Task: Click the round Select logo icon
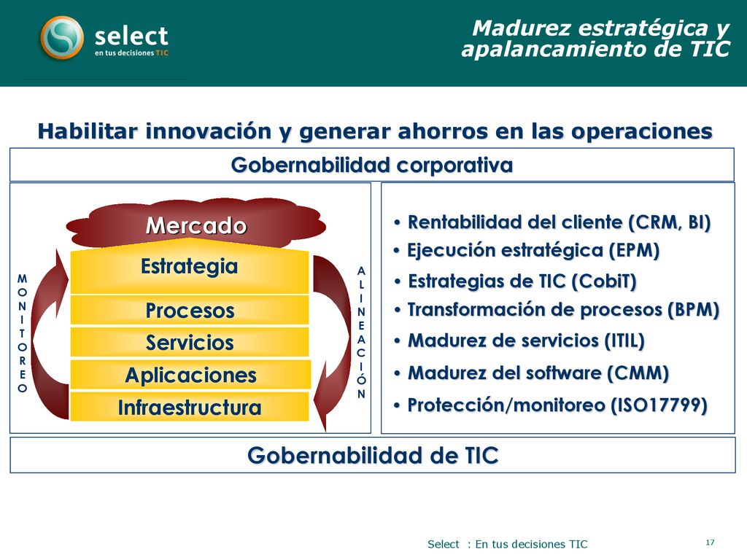[x=62, y=38]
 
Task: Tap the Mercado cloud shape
[x=196, y=225]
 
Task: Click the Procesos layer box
[x=190, y=310]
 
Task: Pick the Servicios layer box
[x=190, y=342]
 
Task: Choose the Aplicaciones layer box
[x=190, y=375]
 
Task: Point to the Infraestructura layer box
[x=190, y=407]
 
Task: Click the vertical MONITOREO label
[x=22, y=333]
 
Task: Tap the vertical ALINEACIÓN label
[x=361, y=332]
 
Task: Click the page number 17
[x=710, y=542]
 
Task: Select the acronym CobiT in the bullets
[x=604, y=281]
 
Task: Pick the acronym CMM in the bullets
[x=638, y=373]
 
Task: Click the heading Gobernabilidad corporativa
[x=371, y=166]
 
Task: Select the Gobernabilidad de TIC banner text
[x=373, y=455]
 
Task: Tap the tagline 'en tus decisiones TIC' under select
[x=131, y=52]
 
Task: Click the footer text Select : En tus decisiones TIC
[x=508, y=544]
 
